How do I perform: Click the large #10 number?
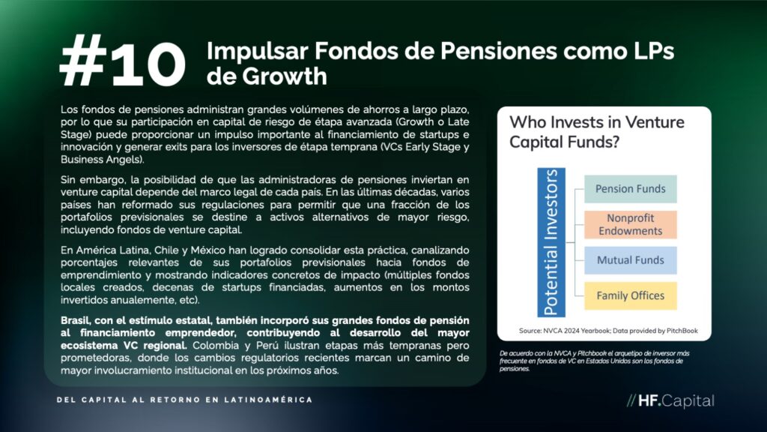pos(122,62)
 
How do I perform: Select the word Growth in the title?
pos(284,76)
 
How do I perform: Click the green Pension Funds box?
pos(631,189)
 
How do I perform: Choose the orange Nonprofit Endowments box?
pos(631,225)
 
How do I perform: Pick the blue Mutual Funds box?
pos(631,260)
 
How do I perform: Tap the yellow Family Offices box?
pos(631,295)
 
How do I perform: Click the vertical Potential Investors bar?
pos(551,242)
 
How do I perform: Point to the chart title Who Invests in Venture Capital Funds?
pos(597,132)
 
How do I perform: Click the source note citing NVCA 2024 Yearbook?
pos(608,331)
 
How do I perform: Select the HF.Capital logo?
pos(670,400)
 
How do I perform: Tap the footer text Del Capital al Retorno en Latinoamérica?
pos(184,400)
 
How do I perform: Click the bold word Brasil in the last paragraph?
pos(75,320)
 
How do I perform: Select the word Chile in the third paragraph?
pos(166,250)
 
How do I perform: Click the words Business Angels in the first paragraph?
pos(102,160)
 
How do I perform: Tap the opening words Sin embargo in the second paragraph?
pos(92,180)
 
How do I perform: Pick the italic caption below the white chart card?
pos(594,361)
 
